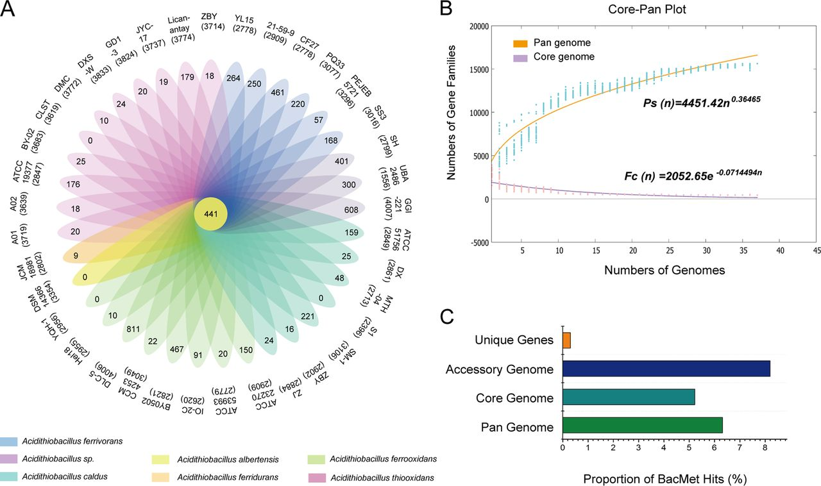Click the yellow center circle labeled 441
(211, 214)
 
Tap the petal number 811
(133, 329)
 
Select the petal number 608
(351, 210)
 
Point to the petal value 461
(278, 92)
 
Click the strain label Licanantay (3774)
(181, 28)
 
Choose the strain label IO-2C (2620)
(193, 405)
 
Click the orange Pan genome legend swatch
(520, 44)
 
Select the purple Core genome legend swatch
(520, 58)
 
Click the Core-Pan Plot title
(647, 9)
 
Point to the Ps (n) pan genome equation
(702, 102)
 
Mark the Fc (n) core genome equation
(693, 175)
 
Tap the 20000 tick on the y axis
(479, 26)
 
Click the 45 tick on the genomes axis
(817, 250)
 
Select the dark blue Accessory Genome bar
(666, 369)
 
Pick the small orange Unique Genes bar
(566, 340)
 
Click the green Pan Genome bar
(643, 425)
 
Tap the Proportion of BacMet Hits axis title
(665, 479)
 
